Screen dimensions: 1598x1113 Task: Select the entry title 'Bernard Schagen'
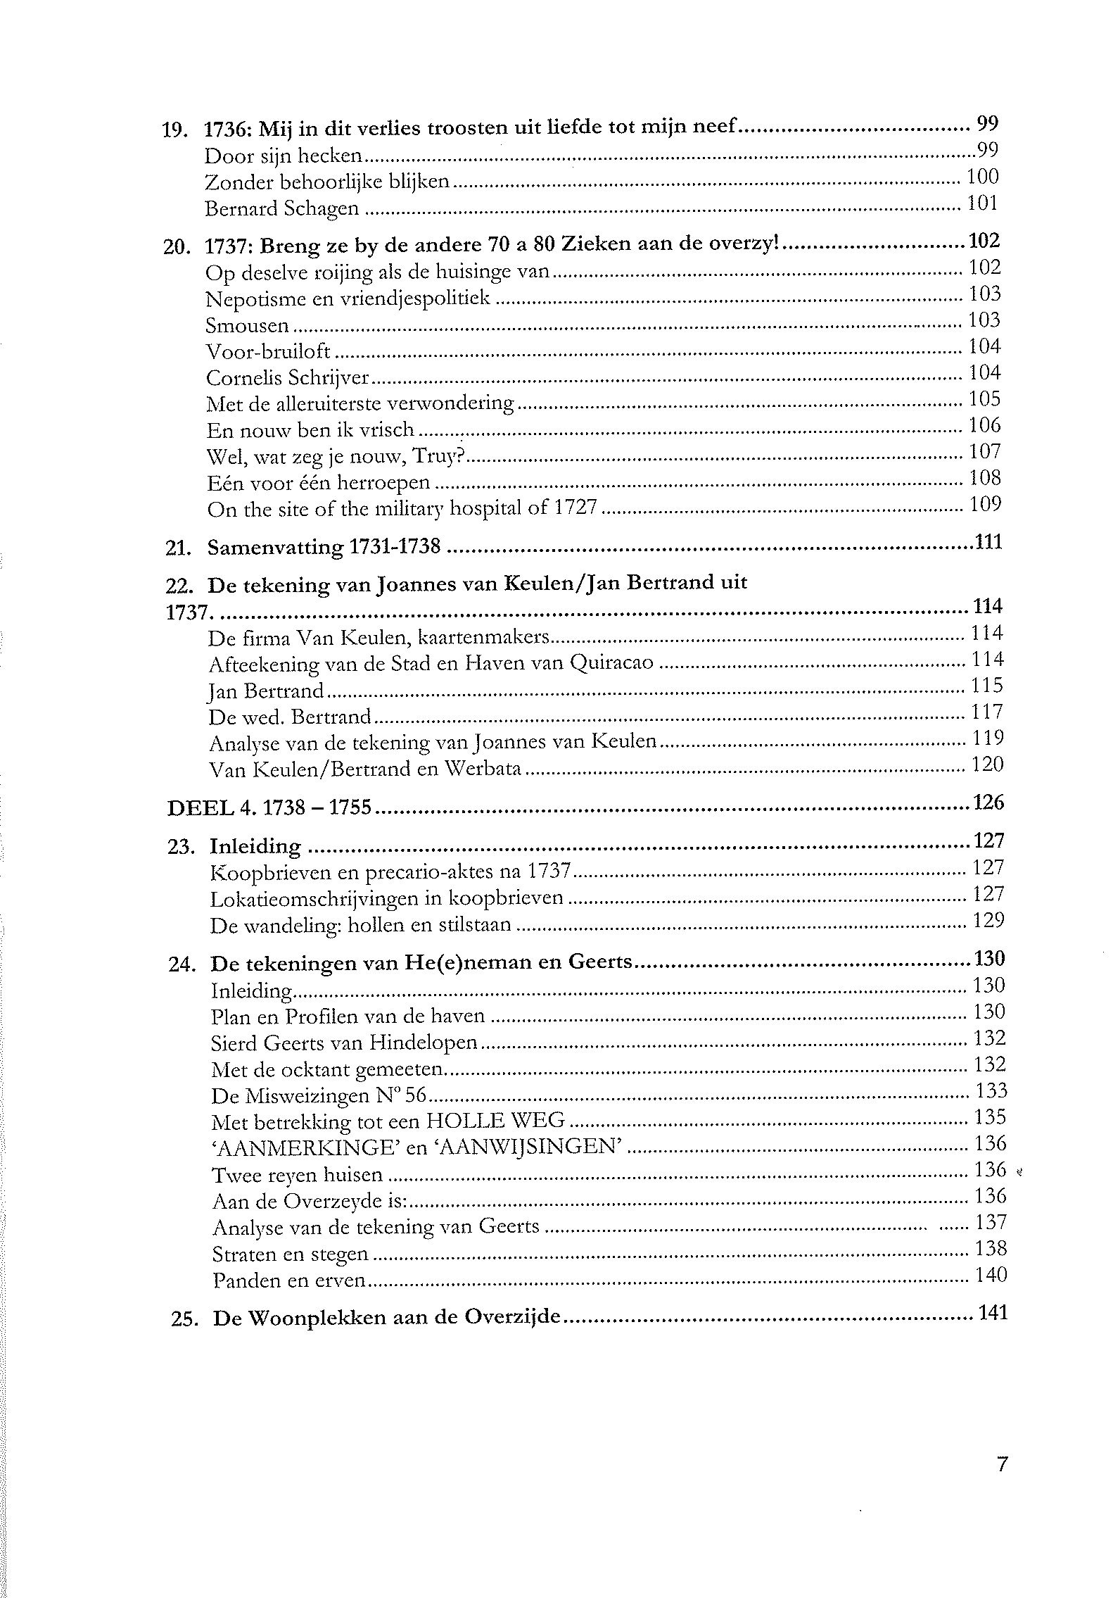point(282,209)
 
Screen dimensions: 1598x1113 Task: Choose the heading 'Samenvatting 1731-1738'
point(324,548)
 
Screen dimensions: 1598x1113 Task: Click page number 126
point(988,803)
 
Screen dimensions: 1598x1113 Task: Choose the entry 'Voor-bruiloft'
point(268,352)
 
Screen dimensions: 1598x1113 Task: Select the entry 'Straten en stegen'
point(290,1254)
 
